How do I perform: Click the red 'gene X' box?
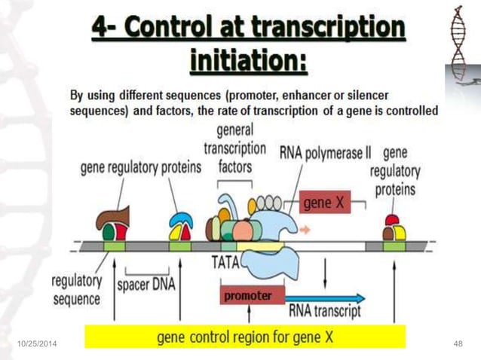(324, 202)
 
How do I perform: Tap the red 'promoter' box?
(253, 294)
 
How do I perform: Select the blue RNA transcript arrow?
(325, 298)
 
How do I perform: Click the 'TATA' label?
(225, 262)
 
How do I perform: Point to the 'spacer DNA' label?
(146, 285)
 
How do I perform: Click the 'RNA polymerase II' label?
(325, 153)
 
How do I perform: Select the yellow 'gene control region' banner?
(245, 337)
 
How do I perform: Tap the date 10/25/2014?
(37, 343)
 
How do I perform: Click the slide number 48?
(458, 343)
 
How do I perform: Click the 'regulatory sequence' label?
(77, 290)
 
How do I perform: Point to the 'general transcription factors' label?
(235, 148)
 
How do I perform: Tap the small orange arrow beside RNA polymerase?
(305, 230)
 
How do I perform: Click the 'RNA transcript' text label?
(325, 311)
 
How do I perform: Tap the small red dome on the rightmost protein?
(392, 220)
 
